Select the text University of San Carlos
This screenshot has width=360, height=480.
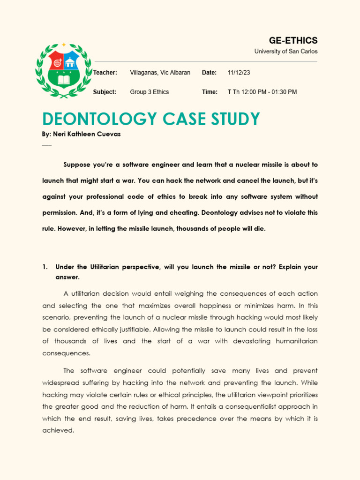(285, 52)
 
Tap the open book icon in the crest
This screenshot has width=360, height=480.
(64, 80)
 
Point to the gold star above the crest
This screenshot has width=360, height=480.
(64, 45)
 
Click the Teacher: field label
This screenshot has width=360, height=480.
(105, 73)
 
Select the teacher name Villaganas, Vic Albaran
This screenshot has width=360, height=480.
(160, 73)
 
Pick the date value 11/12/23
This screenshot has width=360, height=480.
(239, 73)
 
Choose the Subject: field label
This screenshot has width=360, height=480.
(105, 92)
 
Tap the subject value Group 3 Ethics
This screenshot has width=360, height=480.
(149, 92)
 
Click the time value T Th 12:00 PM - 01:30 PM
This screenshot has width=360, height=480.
(262, 92)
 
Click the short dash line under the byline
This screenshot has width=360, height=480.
(46, 144)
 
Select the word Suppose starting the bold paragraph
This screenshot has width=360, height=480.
(77, 165)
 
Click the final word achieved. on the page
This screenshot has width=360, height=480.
(58, 430)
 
